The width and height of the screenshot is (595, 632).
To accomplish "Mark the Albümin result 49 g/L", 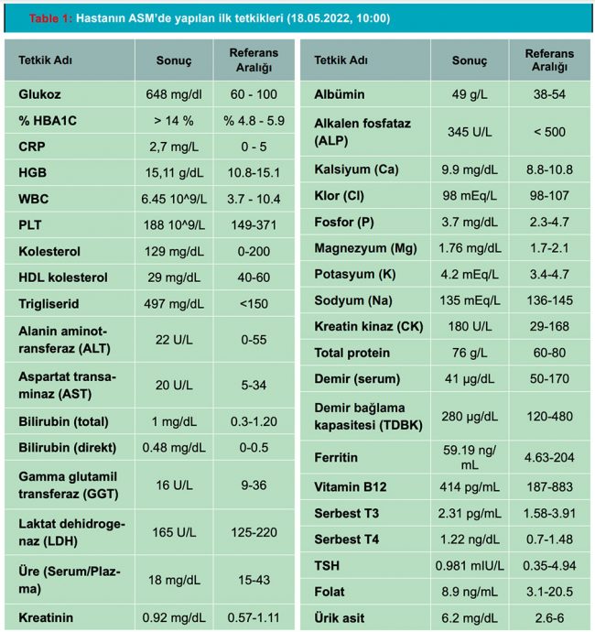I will [464, 93].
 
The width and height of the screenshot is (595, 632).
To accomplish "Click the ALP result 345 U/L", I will [464, 131].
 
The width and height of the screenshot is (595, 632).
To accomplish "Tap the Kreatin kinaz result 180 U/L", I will [464, 326].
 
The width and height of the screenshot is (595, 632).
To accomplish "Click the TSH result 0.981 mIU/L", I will [464, 566].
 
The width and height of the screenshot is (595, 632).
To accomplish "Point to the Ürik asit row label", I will [341, 618].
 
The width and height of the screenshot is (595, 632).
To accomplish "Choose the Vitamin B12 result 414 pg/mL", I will [464, 488].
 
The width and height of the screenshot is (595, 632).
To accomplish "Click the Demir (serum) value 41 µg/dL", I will [464, 379].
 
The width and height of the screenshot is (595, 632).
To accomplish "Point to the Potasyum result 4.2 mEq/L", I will [464, 273].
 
